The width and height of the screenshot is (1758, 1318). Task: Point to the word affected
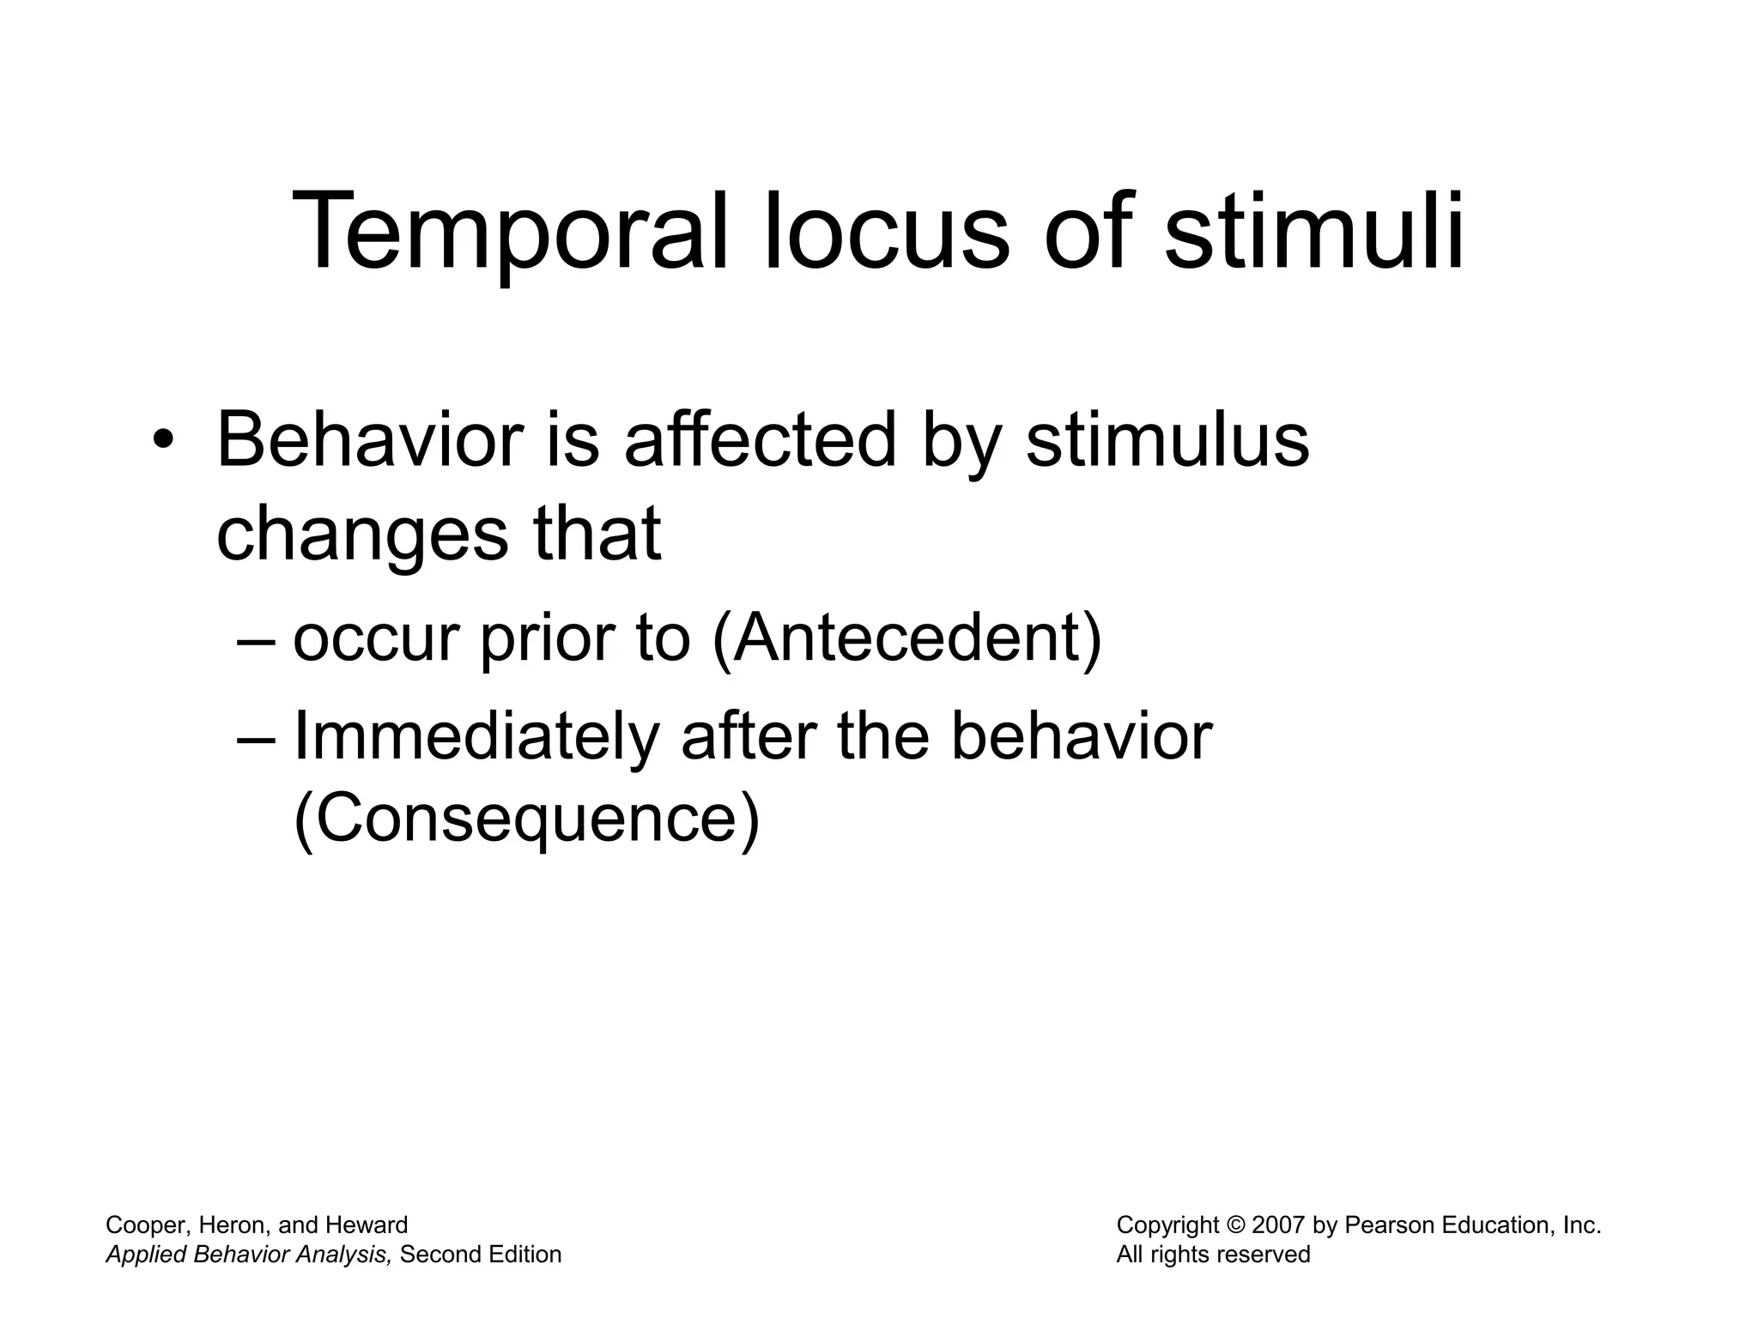pos(760,442)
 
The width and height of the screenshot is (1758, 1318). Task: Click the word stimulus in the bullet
pos(1167,442)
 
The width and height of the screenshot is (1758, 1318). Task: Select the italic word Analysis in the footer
pos(344,1255)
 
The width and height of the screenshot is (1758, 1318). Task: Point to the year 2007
pos(1278,1225)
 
